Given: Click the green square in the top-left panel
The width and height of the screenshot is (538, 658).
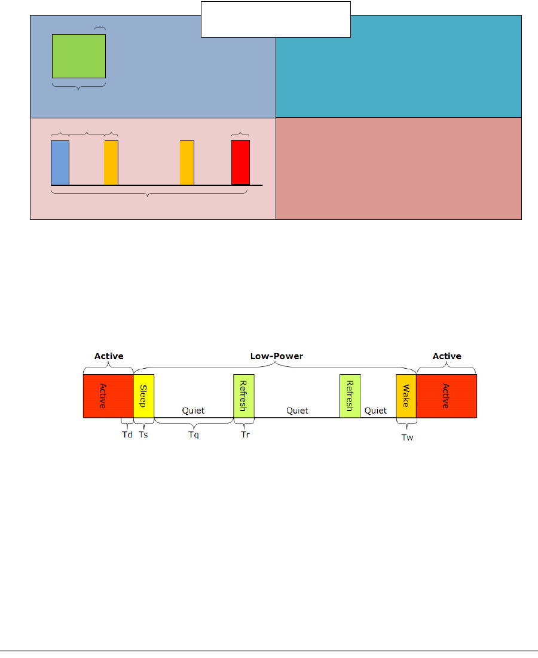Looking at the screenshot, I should coord(79,56).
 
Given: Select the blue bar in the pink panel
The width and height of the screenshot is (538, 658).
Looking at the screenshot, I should coord(60,163).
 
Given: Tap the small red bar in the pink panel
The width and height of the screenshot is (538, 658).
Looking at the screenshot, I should coord(240,162).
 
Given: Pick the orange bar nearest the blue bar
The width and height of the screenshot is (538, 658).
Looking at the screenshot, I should coord(111,163).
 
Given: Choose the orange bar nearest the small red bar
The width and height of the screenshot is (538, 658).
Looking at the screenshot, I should coord(187,163).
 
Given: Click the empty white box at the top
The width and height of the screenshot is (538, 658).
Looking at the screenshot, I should coord(275,20).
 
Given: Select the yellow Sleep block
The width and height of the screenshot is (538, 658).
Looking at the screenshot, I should coord(143,396).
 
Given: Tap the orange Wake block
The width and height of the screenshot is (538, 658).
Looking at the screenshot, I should coord(406,396).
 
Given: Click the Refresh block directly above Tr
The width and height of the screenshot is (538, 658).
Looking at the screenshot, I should coord(244,396).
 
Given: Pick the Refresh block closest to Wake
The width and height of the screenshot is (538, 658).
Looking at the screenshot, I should coord(350,396).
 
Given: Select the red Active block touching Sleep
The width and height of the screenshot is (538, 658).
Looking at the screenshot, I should coord(108,396).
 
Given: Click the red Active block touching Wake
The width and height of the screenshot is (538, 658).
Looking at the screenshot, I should coord(446,396).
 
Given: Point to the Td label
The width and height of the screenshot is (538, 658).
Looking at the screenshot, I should coord(127,434).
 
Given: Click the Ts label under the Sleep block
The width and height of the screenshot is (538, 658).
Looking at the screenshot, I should coord(143,434).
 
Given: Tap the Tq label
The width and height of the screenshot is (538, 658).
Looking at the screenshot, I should coord(193,434).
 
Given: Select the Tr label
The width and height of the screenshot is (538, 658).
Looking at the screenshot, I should coord(245,434).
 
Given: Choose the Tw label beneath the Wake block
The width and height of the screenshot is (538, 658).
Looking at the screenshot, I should coord(406,437).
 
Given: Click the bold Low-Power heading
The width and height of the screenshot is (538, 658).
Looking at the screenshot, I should coord(276,356).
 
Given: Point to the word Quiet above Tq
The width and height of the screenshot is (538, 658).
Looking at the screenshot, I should coord(193,411).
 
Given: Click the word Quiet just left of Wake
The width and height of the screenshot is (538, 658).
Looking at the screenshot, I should coord(375,411).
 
